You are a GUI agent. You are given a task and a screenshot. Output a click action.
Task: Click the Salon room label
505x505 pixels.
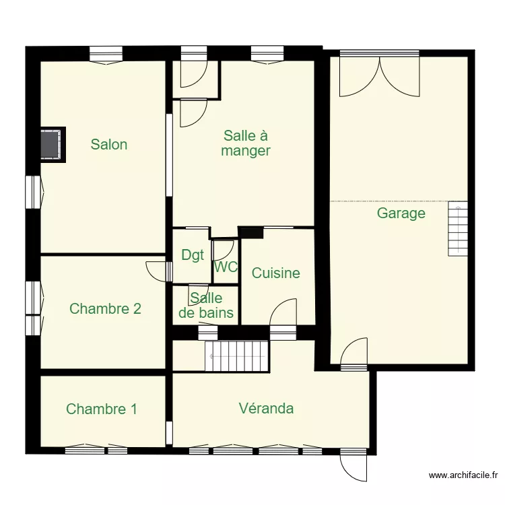[109, 144]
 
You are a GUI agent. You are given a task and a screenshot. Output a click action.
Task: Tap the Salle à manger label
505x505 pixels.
[246, 143]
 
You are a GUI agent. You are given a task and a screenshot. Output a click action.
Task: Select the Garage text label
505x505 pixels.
[401, 213]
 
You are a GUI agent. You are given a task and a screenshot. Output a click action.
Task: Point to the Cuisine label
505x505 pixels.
[275, 273]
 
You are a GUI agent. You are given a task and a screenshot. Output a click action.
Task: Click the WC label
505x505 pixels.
[226, 267]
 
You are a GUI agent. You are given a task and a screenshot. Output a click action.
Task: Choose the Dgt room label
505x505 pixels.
[193, 255]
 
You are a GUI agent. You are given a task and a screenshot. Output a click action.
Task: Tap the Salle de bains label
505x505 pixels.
[207, 305]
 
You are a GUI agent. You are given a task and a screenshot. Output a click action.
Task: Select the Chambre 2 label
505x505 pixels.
[105, 308]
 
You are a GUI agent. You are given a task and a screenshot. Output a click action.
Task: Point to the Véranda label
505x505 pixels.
[266, 408]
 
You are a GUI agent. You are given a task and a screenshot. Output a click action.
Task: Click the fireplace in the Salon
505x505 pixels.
[52, 144]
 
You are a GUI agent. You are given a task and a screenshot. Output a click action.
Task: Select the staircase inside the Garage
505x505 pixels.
[458, 228]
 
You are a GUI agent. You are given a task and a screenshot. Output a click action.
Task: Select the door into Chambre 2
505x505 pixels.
[156, 269]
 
